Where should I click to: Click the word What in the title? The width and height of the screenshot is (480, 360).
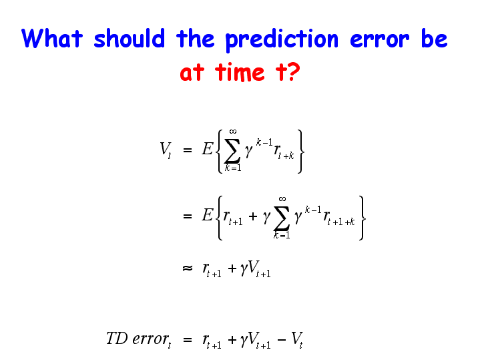[x=52, y=38]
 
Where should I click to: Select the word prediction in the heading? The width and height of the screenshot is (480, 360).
[x=282, y=40]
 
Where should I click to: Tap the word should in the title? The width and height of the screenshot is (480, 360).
[x=130, y=38]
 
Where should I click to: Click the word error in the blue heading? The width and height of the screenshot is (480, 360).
[x=380, y=40]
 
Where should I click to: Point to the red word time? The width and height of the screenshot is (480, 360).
[x=240, y=72]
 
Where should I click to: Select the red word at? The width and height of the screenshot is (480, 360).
[x=192, y=73]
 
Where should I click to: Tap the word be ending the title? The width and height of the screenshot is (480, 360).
[x=434, y=38]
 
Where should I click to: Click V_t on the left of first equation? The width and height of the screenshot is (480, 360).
[x=166, y=150]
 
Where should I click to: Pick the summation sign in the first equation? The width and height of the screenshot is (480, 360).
[x=232, y=151]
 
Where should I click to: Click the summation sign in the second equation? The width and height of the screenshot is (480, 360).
[x=282, y=218]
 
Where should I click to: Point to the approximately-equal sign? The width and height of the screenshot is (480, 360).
[x=188, y=268]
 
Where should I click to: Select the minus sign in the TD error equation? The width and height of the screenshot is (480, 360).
[x=282, y=339]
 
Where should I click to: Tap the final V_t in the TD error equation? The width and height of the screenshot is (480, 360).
[x=297, y=340]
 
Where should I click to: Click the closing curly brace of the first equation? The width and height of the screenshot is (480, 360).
[x=300, y=152]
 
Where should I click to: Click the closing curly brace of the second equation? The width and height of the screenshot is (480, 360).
[x=362, y=218]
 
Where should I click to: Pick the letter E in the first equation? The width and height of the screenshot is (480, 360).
[x=207, y=149]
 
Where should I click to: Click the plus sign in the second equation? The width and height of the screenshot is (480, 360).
[x=253, y=216]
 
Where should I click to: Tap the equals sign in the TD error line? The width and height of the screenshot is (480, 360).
[x=188, y=339]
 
